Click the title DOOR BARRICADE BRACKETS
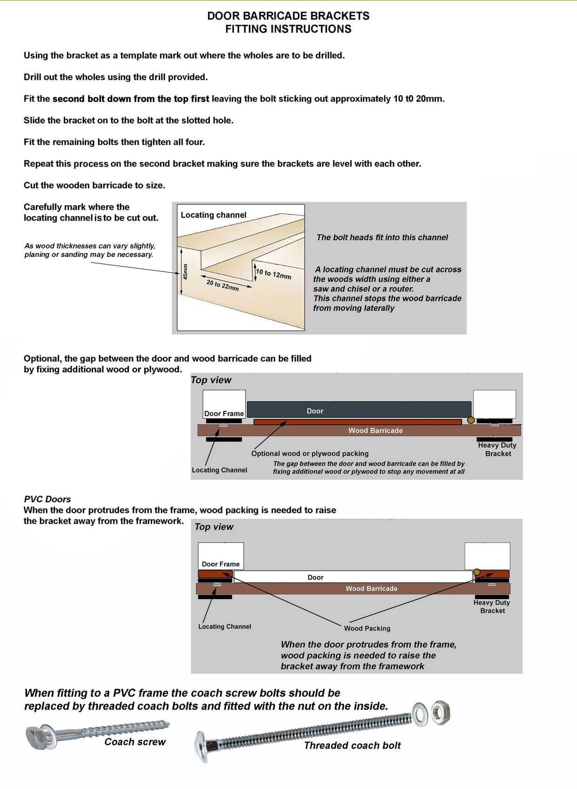[288, 16]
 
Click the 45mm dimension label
[185, 271]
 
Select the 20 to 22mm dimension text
[222, 285]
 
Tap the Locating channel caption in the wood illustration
[213, 215]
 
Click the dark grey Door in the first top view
[359, 410]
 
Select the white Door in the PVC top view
[353, 577]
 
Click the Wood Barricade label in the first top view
[375, 431]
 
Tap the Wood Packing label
[367, 628]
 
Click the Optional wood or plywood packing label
[309, 453]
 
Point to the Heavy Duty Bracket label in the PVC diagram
[492, 607]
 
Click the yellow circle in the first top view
[471, 420]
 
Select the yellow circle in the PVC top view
[476, 572]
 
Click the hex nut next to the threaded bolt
[440, 712]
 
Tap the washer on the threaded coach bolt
[420, 715]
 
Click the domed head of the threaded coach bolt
[201, 747]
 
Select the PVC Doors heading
[47, 499]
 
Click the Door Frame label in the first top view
[224, 413]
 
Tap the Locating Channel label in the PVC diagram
[224, 627]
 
